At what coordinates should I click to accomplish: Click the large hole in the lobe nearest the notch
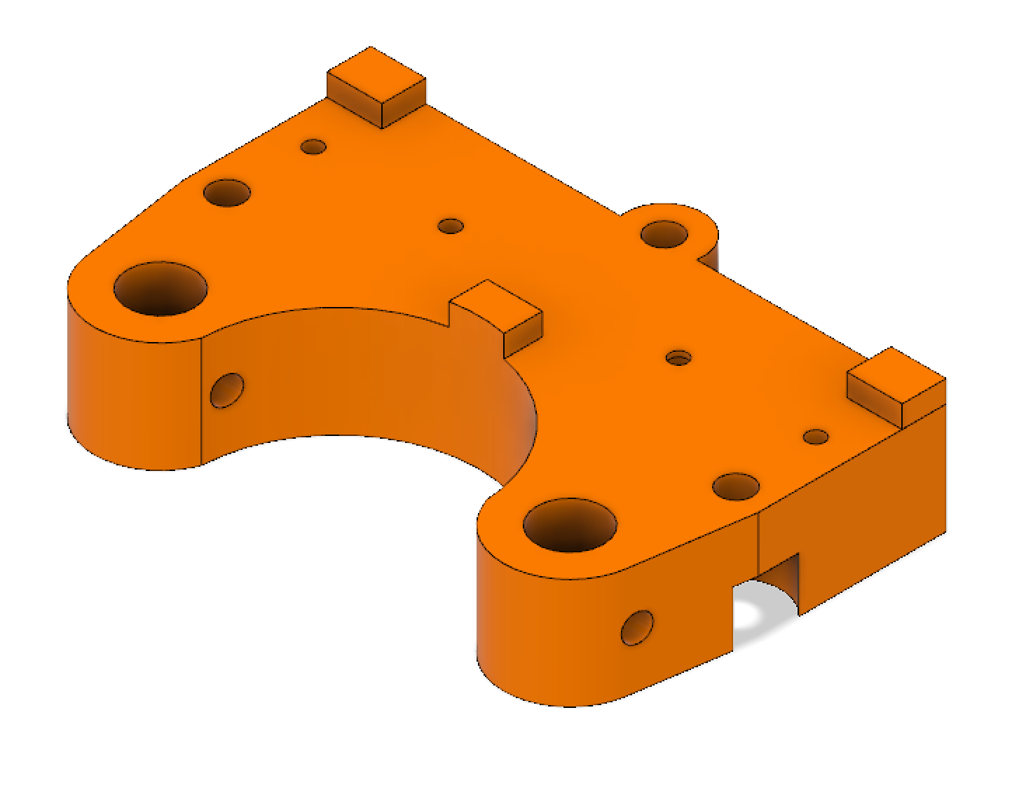click(x=570, y=525)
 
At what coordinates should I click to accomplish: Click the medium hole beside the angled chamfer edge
click(x=228, y=192)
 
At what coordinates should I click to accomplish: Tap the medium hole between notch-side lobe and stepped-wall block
click(x=735, y=486)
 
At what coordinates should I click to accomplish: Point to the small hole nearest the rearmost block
click(x=313, y=146)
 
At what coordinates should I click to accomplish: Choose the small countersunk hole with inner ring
click(x=677, y=357)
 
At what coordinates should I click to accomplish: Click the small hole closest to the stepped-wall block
click(x=816, y=437)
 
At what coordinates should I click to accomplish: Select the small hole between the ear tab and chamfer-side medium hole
click(x=451, y=226)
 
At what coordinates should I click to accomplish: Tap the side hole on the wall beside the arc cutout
click(x=227, y=390)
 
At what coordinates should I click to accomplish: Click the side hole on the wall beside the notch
click(x=637, y=627)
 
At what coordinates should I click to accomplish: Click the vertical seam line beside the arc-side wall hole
click(x=203, y=400)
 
